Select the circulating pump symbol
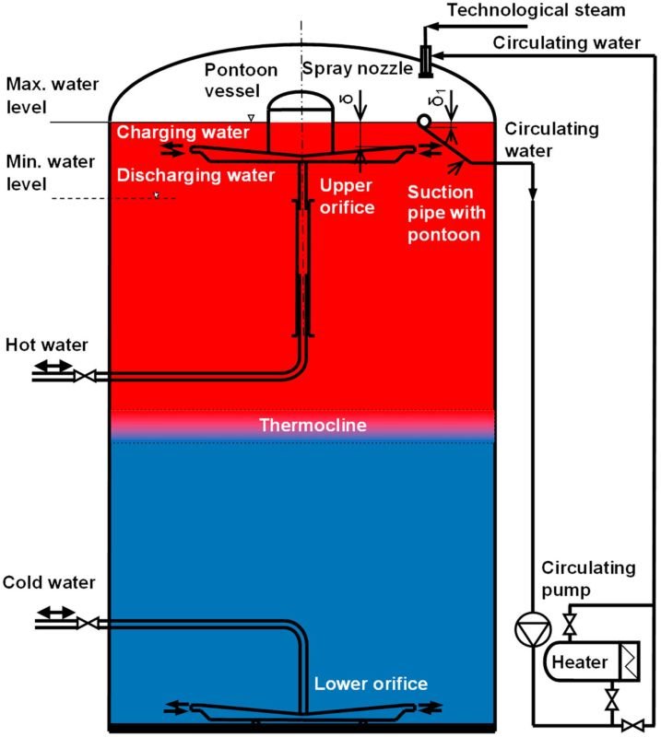click(x=533, y=629)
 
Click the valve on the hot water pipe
click(x=85, y=376)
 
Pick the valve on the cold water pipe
click(x=85, y=624)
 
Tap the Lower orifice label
click(x=371, y=684)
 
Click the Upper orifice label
click(x=347, y=195)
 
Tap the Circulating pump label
click(x=588, y=578)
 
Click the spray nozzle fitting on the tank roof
click(x=425, y=61)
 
